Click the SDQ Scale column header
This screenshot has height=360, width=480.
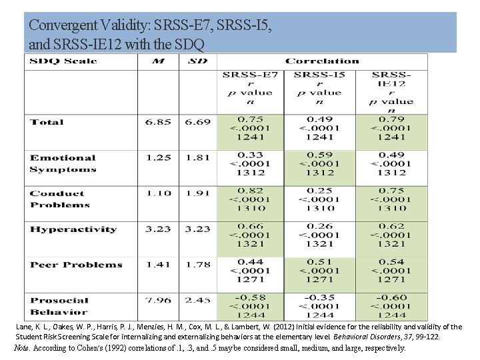coord(63,61)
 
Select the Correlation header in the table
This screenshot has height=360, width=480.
coord(322,61)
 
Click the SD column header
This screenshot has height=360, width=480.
coord(198,61)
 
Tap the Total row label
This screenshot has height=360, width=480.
coord(47,122)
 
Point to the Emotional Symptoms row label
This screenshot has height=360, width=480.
coord(63,163)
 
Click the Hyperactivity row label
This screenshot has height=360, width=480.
coord(73,229)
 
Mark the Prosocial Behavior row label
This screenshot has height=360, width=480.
coord(59,306)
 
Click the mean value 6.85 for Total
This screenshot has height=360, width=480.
coord(159,122)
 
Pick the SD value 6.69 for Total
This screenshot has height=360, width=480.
coord(198,122)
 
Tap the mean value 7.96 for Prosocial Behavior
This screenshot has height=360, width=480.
coord(159,300)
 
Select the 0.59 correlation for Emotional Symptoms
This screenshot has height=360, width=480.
coord(320,155)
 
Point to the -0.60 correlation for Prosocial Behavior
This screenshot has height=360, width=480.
coord(391,297)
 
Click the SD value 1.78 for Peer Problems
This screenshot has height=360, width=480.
coord(198,265)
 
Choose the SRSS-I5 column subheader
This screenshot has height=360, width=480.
coord(320,74)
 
